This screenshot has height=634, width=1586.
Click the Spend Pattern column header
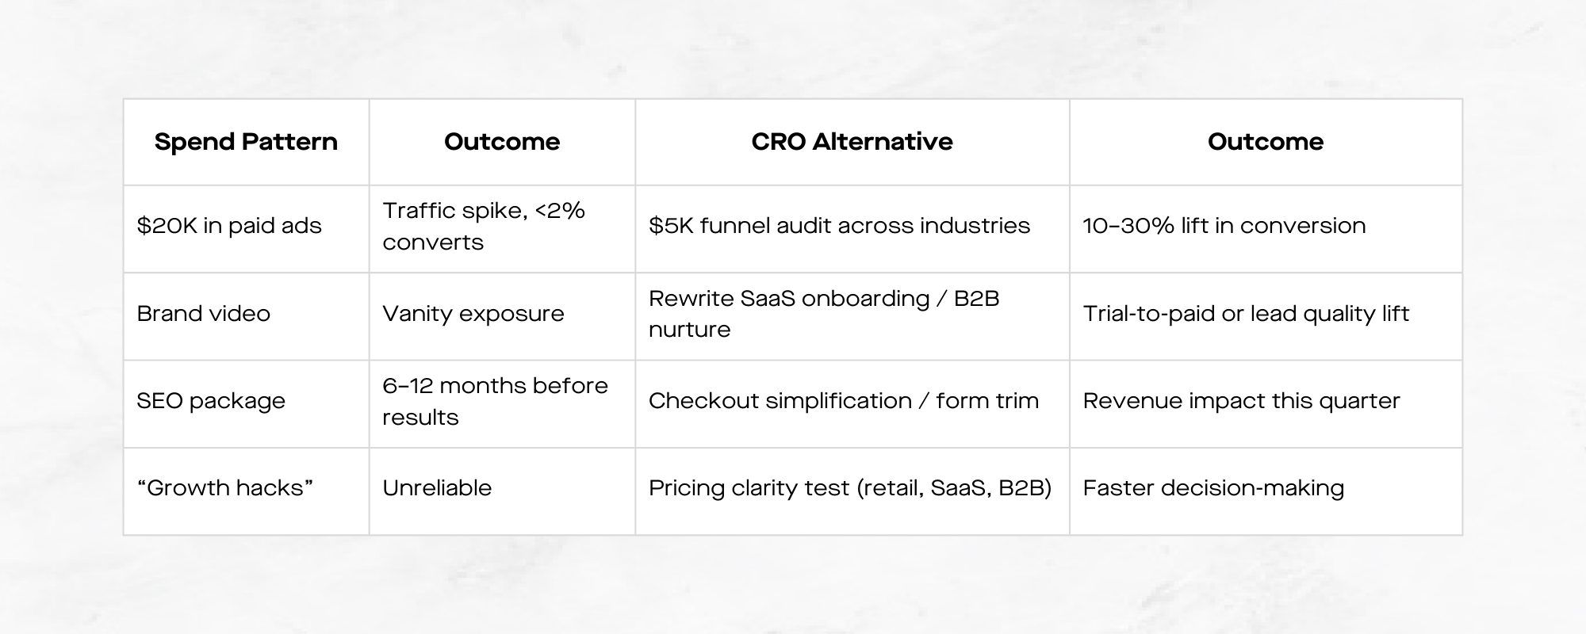pos(246,142)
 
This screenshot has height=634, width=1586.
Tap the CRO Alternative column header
pos(852,142)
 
